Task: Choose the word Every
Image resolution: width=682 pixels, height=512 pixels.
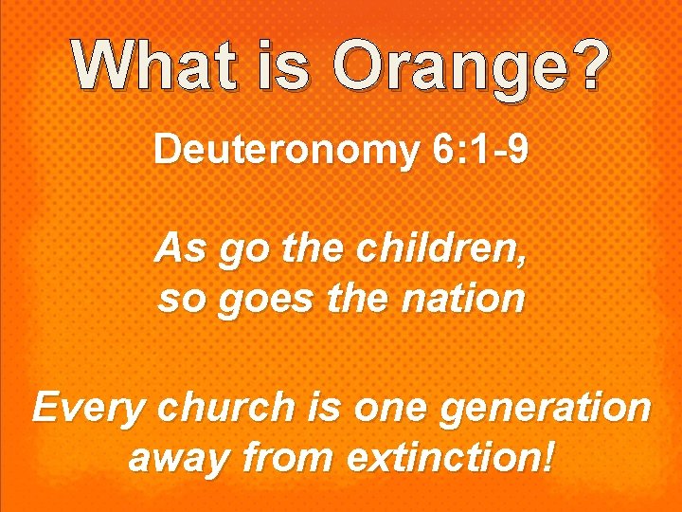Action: [86, 409]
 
